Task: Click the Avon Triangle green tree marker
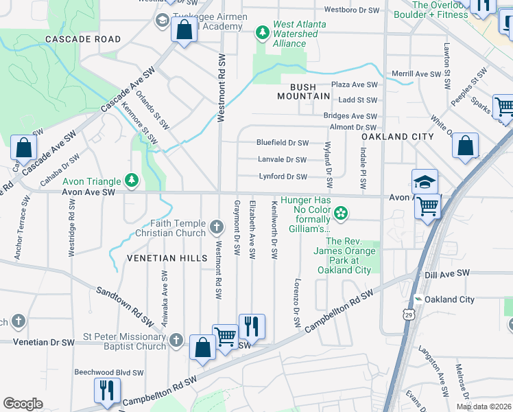point(132,181)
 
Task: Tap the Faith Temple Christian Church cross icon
point(217,227)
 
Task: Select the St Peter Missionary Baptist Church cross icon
point(176,340)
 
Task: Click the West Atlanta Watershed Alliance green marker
point(261,32)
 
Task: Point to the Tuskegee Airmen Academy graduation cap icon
point(163,20)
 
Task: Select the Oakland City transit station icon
point(417,299)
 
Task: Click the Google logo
point(23,404)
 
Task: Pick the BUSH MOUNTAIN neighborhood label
point(304,91)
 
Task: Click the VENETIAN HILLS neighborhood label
point(167,257)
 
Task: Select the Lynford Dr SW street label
point(283,176)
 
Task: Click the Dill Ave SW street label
point(447,273)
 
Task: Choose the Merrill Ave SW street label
point(415,73)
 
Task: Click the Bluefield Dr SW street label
point(283,143)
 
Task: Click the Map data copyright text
point(483,406)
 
